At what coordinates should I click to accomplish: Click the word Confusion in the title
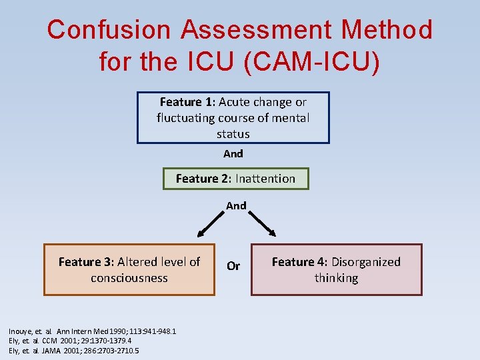pyautogui.click(x=109, y=30)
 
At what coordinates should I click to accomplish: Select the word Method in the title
pyautogui.click(x=387, y=30)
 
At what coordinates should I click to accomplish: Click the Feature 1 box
pyautogui.click(x=233, y=118)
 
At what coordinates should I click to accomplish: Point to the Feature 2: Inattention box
pyautogui.click(x=235, y=179)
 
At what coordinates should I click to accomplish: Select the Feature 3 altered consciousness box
pyautogui.click(x=129, y=270)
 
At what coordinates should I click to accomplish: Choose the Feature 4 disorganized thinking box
pyautogui.click(x=336, y=270)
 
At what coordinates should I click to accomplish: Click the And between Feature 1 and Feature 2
pyautogui.click(x=233, y=153)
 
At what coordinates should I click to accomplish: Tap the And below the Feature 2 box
pyautogui.click(x=236, y=206)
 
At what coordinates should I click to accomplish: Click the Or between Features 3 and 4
pyautogui.click(x=233, y=266)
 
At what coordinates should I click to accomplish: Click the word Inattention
pyautogui.click(x=265, y=179)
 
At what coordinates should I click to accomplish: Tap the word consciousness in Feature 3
pyautogui.click(x=129, y=278)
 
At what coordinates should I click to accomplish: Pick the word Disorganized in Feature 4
pyautogui.click(x=366, y=262)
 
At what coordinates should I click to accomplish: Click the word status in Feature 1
pyautogui.click(x=233, y=134)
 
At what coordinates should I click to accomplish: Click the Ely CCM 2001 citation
pyautogui.click(x=65, y=341)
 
